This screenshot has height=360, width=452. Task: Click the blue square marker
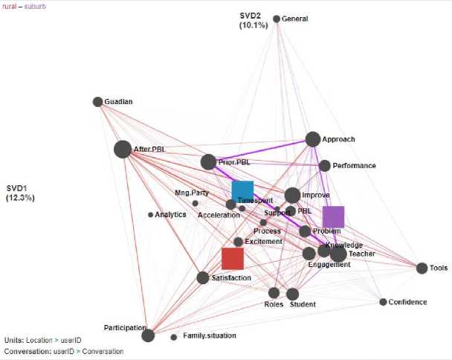[x=242, y=191]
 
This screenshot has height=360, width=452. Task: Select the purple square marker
[x=333, y=217]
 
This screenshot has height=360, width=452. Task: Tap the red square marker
[x=233, y=258]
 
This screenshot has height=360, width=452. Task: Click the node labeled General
[x=277, y=19]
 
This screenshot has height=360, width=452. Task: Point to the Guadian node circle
[x=97, y=102]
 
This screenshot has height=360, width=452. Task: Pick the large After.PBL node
[x=123, y=150]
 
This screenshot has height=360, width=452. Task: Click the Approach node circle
[x=312, y=139]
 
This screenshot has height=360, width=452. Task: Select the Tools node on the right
[x=422, y=268]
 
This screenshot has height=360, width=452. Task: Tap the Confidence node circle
[x=383, y=302]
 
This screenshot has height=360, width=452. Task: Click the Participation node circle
[x=148, y=335]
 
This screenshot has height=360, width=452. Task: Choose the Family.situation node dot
[x=174, y=337]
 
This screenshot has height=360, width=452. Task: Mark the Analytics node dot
[x=150, y=215]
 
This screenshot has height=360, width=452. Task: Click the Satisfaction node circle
[x=203, y=277]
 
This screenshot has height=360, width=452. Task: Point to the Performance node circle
[x=324, y=165]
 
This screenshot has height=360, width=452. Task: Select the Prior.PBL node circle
[x=208, y=161]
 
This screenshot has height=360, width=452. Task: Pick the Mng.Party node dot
[x=196, y=203]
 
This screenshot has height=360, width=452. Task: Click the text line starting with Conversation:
[x=64, y=351]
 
